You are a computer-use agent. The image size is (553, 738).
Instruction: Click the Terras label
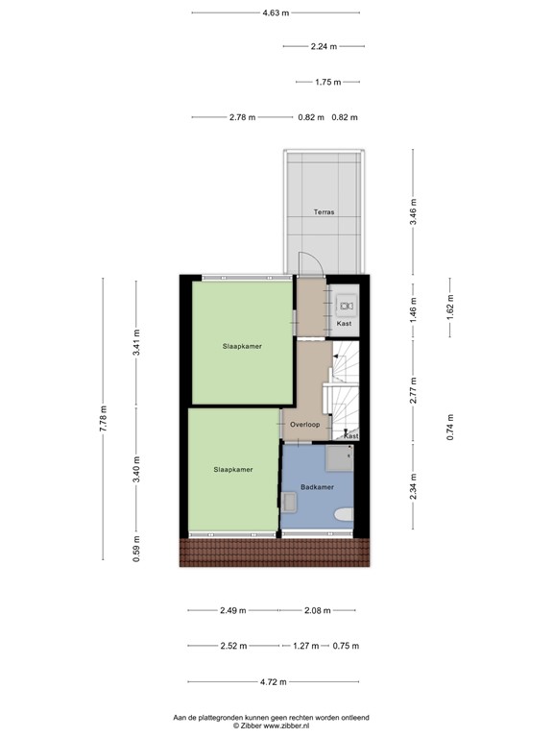(324, 211)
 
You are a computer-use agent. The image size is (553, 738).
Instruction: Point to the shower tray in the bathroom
(338, 460)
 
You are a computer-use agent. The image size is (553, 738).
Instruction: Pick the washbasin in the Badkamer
(290, 501)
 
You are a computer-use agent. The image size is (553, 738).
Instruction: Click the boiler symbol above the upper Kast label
(345, 306)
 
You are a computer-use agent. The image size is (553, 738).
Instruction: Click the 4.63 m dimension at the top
(276, 12)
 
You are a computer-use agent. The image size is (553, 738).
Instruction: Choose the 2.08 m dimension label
(316, 610)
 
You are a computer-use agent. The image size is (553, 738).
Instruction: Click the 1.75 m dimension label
(328, 82)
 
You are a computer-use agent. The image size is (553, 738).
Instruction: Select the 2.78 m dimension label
(242, 117)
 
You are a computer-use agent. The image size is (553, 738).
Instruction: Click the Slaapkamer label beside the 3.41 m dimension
(242, 346)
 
